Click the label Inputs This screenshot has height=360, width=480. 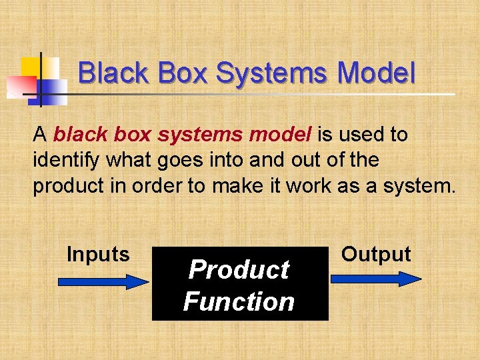98,254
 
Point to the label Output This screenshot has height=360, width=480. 376,254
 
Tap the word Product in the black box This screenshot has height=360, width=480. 239,270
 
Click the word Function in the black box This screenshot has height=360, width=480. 239,302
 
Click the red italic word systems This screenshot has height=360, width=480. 201,135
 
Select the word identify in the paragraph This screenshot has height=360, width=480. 63,161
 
